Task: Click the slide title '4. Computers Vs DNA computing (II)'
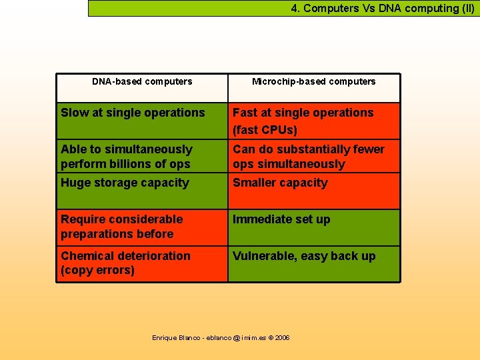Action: (x=382, y=9)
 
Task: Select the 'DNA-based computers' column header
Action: (x=142, y=82)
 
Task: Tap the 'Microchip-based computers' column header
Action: (x=313, y=82)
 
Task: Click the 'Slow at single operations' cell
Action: (x=133, y=113)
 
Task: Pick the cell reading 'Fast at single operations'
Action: (x=303, y=113)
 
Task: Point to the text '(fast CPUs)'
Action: (x=265, y=130)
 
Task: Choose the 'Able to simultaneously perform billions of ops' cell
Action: (x=127, y=157)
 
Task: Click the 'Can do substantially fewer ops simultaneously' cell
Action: (x=308, y=157)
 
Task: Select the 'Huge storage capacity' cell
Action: (x=125, y=183)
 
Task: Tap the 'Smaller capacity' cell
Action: (x=280, y=183)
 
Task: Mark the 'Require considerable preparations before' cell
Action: (x=121, y=227)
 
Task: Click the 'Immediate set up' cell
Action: (x=281, y=219)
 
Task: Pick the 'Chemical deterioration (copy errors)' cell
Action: (x=125, y=263)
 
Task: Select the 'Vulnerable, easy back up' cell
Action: (x=304, y=256)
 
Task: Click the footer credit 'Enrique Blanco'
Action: (x=176, y=338)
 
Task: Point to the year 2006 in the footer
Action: (x=282, y=338)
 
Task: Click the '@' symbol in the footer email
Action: (x=235, y=338)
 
